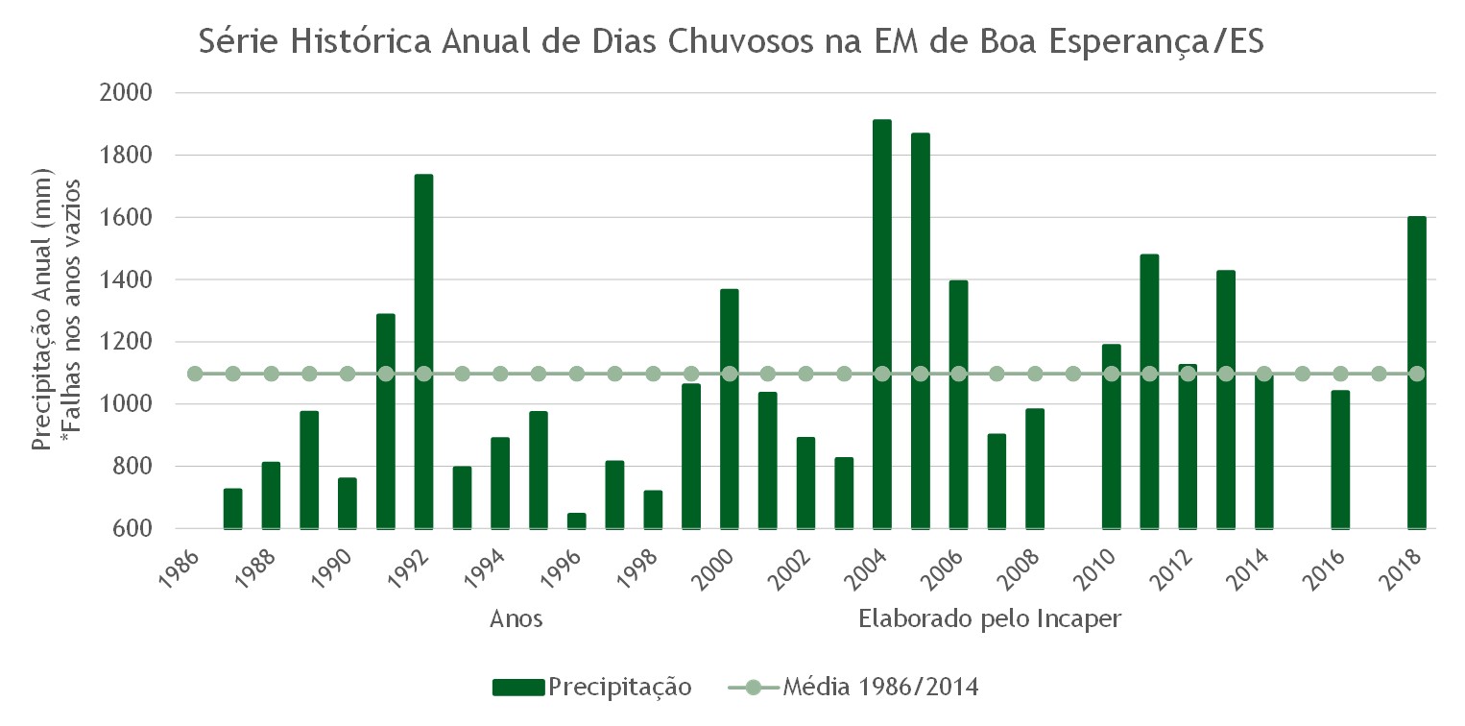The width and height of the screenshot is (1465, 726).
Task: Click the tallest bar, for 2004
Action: coord(881,324)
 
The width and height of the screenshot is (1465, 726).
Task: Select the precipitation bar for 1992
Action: coord(423,351)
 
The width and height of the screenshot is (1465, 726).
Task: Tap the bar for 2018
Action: coord(1417,373)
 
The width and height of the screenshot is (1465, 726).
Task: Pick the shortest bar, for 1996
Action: coord(576,520)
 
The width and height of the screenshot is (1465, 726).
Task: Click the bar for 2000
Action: coord(730,409)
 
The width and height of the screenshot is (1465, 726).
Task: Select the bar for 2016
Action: coord(1340,459)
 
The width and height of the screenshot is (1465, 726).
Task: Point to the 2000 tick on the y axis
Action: coord(126,92)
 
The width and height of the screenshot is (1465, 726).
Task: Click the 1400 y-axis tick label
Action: coord(126,279)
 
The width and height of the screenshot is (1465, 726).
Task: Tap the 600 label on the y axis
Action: coord(132,528)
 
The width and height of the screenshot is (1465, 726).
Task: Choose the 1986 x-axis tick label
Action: coord(179,569)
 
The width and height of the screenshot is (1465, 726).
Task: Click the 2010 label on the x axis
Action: coord(1094,569)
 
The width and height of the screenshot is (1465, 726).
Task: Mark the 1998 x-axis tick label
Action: coord(636,569)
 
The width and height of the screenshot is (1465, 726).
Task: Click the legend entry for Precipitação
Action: coord(592,687)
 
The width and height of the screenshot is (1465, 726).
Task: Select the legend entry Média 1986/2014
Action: coord(853,687)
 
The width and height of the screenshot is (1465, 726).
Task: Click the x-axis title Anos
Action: coord(516,618)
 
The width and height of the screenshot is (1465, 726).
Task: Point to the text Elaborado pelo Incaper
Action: coord(990,618)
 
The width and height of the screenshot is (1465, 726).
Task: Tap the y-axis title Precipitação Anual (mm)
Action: coord(41,309)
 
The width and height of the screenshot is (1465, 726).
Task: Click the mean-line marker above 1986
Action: coord(195,374)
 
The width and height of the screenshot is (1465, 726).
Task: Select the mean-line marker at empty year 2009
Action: coord(1073,374)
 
